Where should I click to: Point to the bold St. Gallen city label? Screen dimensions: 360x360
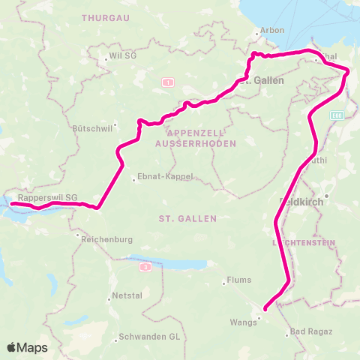267,80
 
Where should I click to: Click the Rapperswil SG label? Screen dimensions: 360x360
48,198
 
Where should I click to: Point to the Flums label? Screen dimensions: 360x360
235,282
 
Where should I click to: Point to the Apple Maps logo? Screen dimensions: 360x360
27,347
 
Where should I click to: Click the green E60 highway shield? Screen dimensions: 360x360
337,115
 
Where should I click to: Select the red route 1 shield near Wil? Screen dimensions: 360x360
168,82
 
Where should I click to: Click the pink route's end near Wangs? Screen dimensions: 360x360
265,307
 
